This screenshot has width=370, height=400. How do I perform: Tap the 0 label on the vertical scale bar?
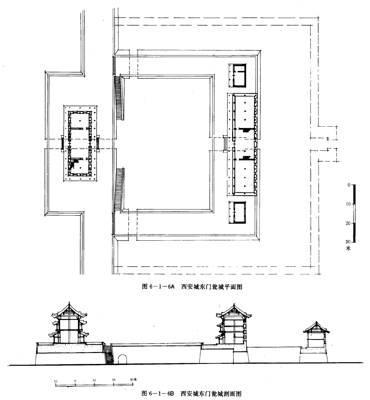point(349,185)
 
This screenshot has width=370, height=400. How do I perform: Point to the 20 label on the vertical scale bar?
point(348,223)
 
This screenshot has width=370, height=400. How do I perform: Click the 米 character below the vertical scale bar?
point(348,248)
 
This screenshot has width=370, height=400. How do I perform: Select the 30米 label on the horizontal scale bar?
point(133,379)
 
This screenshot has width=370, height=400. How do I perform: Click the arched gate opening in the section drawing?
point(122,359)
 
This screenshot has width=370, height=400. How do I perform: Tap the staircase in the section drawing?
point(108,354)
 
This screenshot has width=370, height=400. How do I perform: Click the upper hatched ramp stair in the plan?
point(119,98)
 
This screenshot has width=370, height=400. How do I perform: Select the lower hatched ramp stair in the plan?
point(119,190)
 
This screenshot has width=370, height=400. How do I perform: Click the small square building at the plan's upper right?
point(237,76)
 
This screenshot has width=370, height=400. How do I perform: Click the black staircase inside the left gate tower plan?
point(74,163)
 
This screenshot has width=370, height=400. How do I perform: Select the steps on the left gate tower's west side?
point(62,144)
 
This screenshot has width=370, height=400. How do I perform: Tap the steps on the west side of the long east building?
point(225,144)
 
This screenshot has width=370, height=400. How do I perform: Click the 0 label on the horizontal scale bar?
point(75,381)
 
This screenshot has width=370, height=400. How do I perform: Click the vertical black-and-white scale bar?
point(354,213)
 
